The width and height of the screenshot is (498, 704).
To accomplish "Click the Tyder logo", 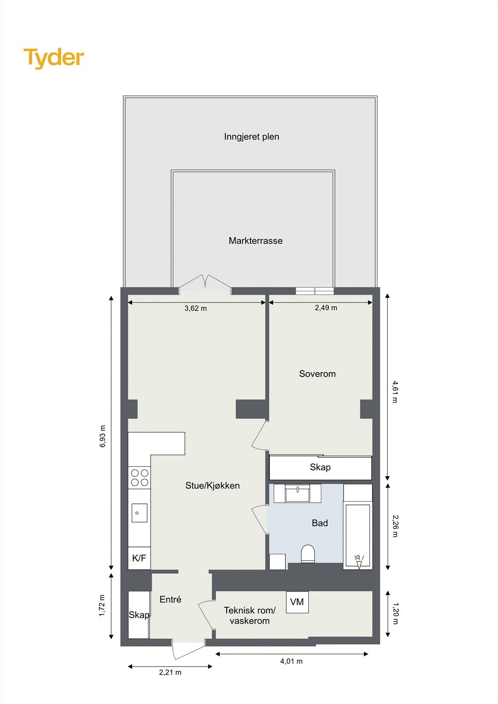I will tap(54, 58).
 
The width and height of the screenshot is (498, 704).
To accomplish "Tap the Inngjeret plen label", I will tap(251, 136).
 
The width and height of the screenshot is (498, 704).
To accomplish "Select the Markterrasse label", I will tap(255, 241).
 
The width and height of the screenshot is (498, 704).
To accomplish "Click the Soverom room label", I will tap(317, 374).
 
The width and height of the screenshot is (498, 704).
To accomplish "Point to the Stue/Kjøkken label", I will tap(212, 485).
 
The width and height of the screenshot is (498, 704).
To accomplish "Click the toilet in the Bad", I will tap(308, 554).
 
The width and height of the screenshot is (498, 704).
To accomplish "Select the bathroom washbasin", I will tap(298, 493).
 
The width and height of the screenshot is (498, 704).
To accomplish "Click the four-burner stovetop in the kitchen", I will tap(140, 477).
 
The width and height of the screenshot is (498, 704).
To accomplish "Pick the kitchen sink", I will tap(139, 513).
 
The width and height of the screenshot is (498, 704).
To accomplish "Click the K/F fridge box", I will tap(139, 558).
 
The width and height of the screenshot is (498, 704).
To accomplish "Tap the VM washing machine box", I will tap(297, 602).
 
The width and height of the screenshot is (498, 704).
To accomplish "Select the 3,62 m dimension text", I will tap(196, 308).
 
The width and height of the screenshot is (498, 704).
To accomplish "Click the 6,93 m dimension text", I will tap(103, 436).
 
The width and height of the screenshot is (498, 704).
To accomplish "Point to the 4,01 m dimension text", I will tap(291, 661).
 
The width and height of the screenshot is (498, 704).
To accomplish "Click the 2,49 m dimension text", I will tap(326, 308).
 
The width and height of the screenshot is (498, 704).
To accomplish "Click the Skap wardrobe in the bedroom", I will tap(320, 467).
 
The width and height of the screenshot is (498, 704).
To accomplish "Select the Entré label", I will tap(170, 599).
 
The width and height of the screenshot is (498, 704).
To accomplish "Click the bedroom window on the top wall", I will tap(314, 291).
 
